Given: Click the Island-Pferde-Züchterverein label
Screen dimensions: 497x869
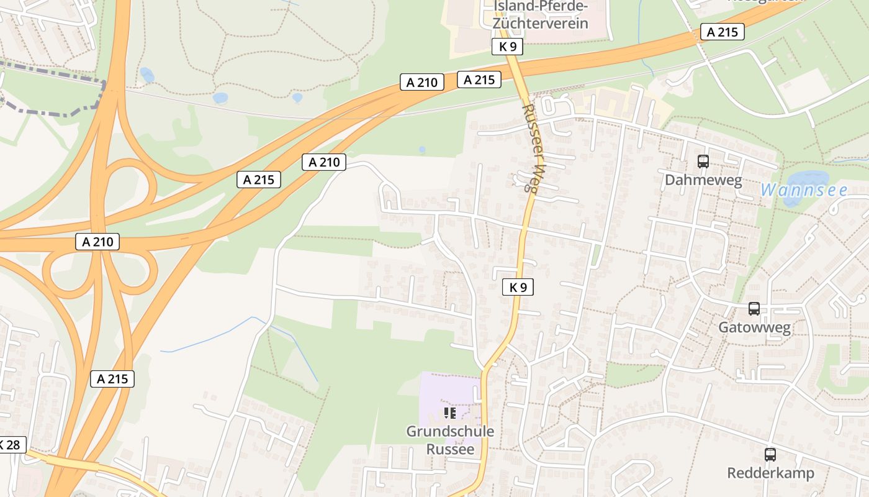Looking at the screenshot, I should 540,16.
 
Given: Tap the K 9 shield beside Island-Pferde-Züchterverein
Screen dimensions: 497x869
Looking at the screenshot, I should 507,46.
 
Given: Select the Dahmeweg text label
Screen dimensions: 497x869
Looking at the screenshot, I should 703,180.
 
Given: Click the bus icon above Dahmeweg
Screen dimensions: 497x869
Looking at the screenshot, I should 703,162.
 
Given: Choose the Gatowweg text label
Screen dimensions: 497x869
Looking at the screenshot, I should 754,327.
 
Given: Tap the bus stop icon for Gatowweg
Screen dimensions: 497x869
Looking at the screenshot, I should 754,309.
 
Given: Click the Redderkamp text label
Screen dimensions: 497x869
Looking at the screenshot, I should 770,473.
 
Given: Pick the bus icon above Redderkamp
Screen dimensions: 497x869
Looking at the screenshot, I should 770,455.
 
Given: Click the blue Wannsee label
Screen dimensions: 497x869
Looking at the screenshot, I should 804,190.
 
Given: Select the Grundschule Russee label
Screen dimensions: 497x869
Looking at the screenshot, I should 451,439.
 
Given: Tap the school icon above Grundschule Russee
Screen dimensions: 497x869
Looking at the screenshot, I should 451,413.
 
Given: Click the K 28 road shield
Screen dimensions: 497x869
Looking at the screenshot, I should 11,445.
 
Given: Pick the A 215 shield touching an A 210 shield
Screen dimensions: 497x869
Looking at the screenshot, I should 479,80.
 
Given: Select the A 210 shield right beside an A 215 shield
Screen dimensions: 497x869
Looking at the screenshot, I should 422,82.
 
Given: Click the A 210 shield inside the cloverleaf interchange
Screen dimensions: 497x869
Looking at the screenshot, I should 97,242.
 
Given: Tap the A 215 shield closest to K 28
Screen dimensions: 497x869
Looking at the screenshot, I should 112,378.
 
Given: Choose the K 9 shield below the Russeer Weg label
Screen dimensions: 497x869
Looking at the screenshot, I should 518,286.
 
